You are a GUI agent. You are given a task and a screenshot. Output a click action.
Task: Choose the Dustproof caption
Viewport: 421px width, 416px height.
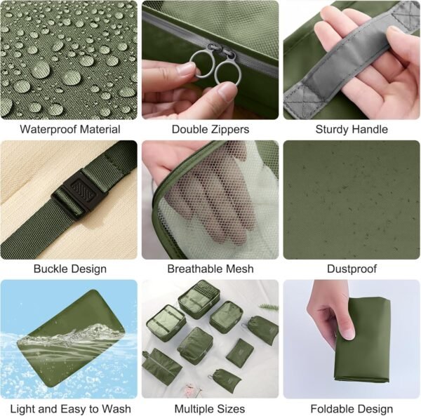coord(352,269)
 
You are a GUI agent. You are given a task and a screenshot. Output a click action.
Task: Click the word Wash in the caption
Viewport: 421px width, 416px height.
coord(116,409)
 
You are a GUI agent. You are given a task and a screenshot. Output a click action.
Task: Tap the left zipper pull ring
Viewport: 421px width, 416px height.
coord(202,64)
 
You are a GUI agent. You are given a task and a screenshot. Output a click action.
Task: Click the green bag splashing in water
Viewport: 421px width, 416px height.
coord(71,338)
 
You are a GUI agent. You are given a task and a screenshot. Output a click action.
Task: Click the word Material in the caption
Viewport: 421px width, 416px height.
coord(100,130)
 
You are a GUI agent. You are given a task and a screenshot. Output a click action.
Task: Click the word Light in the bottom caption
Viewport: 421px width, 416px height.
coord(23,409)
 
